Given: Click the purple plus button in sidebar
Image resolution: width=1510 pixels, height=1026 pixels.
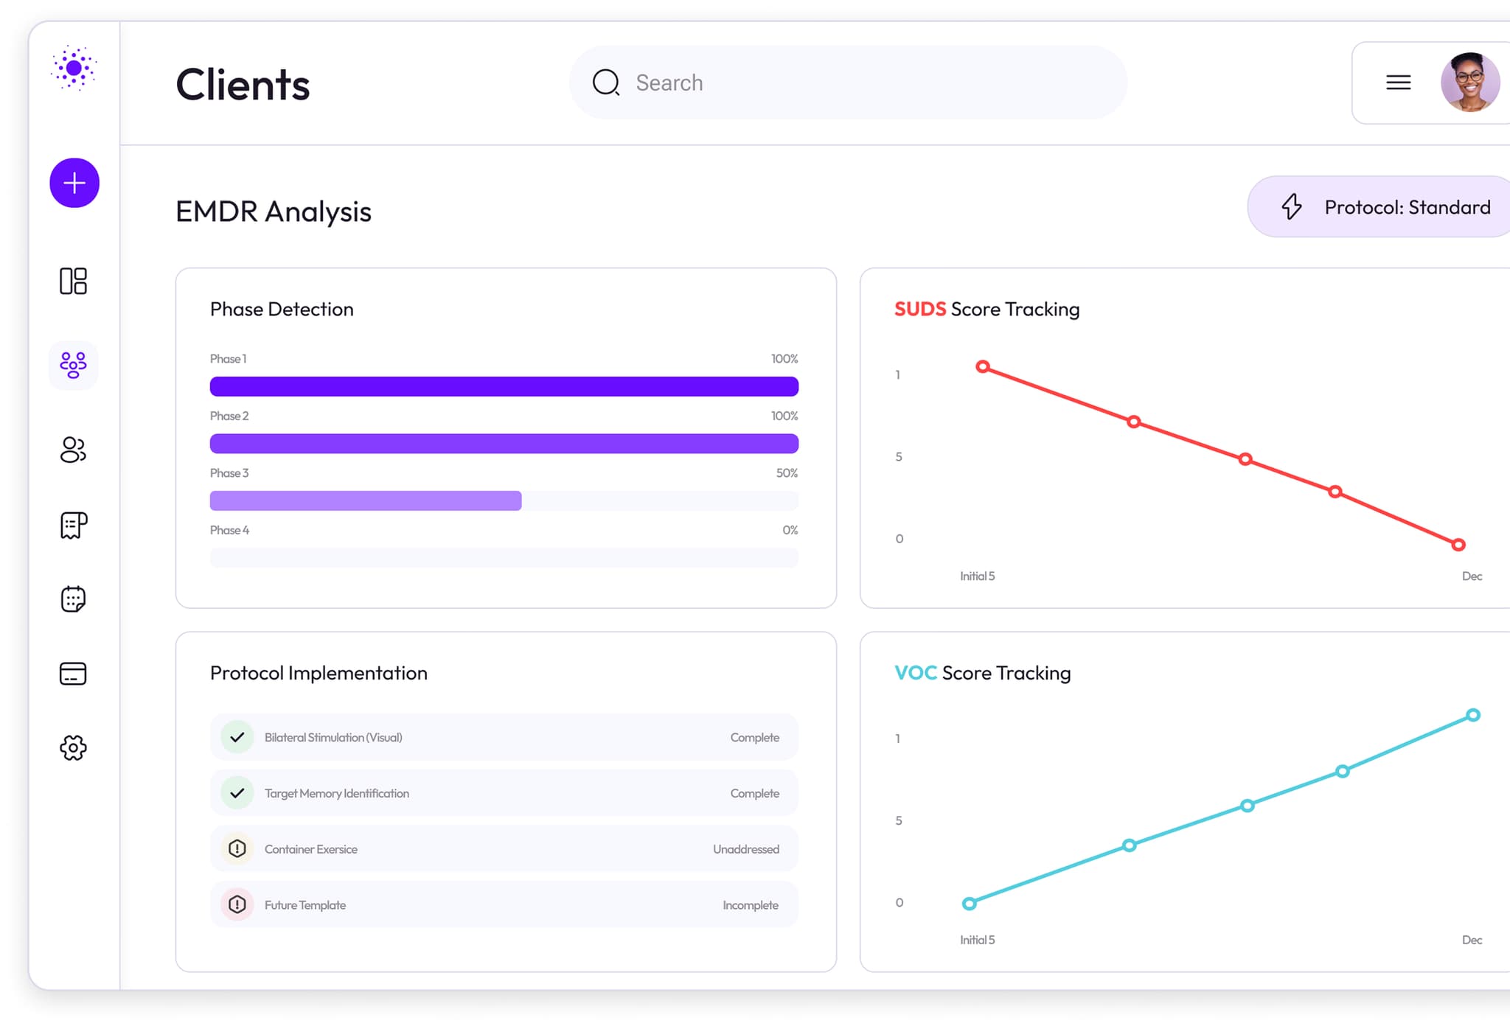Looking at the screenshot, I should tap(74, 183).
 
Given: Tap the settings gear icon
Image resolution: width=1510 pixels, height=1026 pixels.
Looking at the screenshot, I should tap(73, 747).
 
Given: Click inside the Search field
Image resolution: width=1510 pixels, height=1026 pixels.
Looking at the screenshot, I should tap(848, 83).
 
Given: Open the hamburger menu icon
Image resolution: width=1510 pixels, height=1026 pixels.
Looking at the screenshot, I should tap(1398, 83).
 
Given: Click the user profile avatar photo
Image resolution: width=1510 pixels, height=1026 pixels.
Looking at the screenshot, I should tap(1469, 83).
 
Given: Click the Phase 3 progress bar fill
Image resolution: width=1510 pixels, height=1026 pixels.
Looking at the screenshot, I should tap(366, 501).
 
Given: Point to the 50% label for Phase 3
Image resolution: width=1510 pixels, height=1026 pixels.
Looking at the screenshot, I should tap(787, 473).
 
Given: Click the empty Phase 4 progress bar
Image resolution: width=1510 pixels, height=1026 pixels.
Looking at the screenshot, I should tap(504, 558).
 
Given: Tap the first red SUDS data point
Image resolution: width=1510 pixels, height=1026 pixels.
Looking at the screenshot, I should tap(983, 366).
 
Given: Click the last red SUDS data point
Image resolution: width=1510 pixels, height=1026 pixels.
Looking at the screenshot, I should tap(1458, 545).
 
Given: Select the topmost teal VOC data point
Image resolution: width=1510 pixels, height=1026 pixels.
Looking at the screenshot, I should tap(1472, 715).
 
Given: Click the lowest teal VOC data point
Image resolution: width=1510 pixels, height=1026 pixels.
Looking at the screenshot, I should tap(970, 904).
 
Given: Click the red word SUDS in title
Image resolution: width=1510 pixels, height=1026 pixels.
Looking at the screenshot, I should tap(920, 309).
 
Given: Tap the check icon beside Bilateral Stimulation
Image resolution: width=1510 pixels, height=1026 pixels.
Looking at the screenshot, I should tap(237, 737).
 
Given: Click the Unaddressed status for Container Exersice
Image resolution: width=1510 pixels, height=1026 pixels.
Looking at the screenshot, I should tap(745, 849).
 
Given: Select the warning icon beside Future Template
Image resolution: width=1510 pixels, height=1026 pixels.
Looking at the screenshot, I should tap(237, 904).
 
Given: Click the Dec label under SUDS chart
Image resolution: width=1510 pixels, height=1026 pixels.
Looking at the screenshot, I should tap(1472, 576).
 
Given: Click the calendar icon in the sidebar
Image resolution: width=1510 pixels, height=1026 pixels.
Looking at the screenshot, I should tap(73, 599).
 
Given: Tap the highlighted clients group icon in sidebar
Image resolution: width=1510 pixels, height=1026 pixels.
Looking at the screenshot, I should tap(73, 365).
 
